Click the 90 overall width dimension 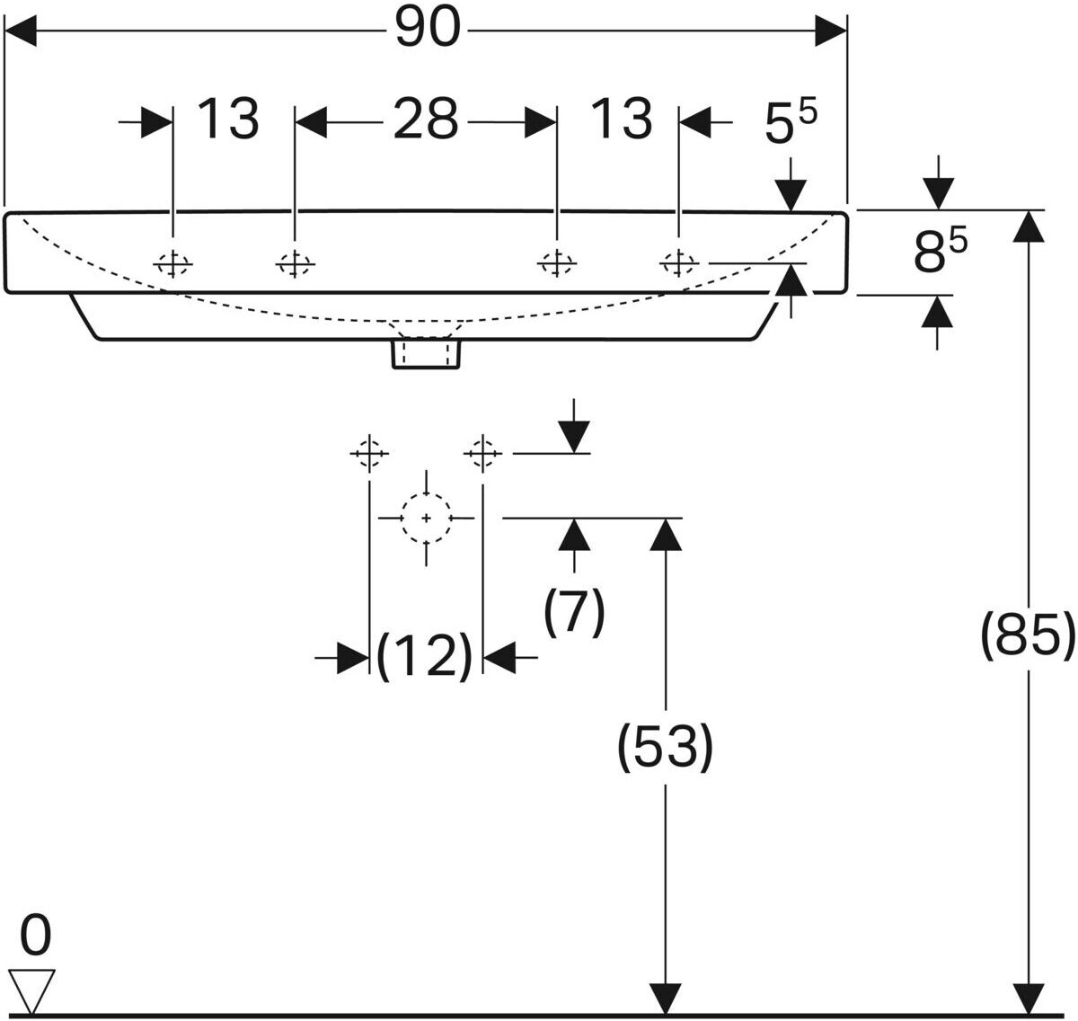(428, 29)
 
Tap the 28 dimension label (426, 119)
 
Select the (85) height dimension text (1028, 635)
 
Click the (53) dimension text (665, 747)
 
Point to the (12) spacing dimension (424, 657)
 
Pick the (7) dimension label (574, 612)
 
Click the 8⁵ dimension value (940, 250)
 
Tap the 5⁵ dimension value (791, 125)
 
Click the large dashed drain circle (426, 518)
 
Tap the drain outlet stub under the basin (426, 354)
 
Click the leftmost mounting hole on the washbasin (172, 264)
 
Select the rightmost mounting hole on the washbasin (679, 264)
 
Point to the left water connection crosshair (369, 454)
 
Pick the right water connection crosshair (482, 454)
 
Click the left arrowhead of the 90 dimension (21, 31)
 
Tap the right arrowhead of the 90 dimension (831, 31)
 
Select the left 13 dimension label (227, 119)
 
